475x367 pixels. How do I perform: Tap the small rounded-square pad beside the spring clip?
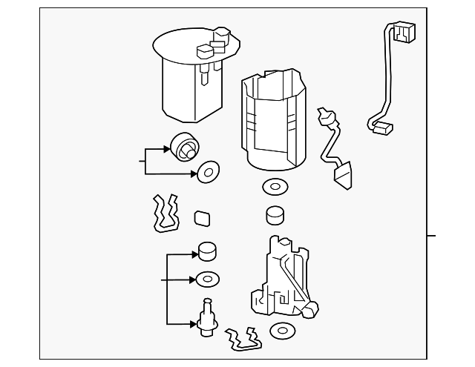[202, 218]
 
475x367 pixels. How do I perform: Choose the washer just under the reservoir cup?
[274, 187]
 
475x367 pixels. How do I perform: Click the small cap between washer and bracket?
[275, 215]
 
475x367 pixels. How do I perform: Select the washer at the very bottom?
[284, 331]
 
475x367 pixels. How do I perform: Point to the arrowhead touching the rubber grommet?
[169, 149]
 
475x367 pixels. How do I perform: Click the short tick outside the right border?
[432, 237]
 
